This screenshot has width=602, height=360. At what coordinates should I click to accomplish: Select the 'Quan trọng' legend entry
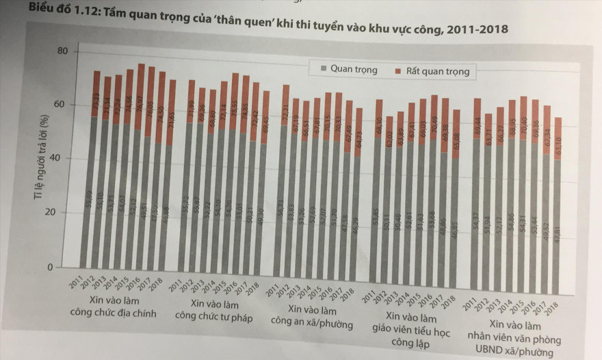coord(353,69)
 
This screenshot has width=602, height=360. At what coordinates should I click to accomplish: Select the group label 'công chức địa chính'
coord(114,313)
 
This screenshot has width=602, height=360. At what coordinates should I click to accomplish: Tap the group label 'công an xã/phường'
coord(312,323)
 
